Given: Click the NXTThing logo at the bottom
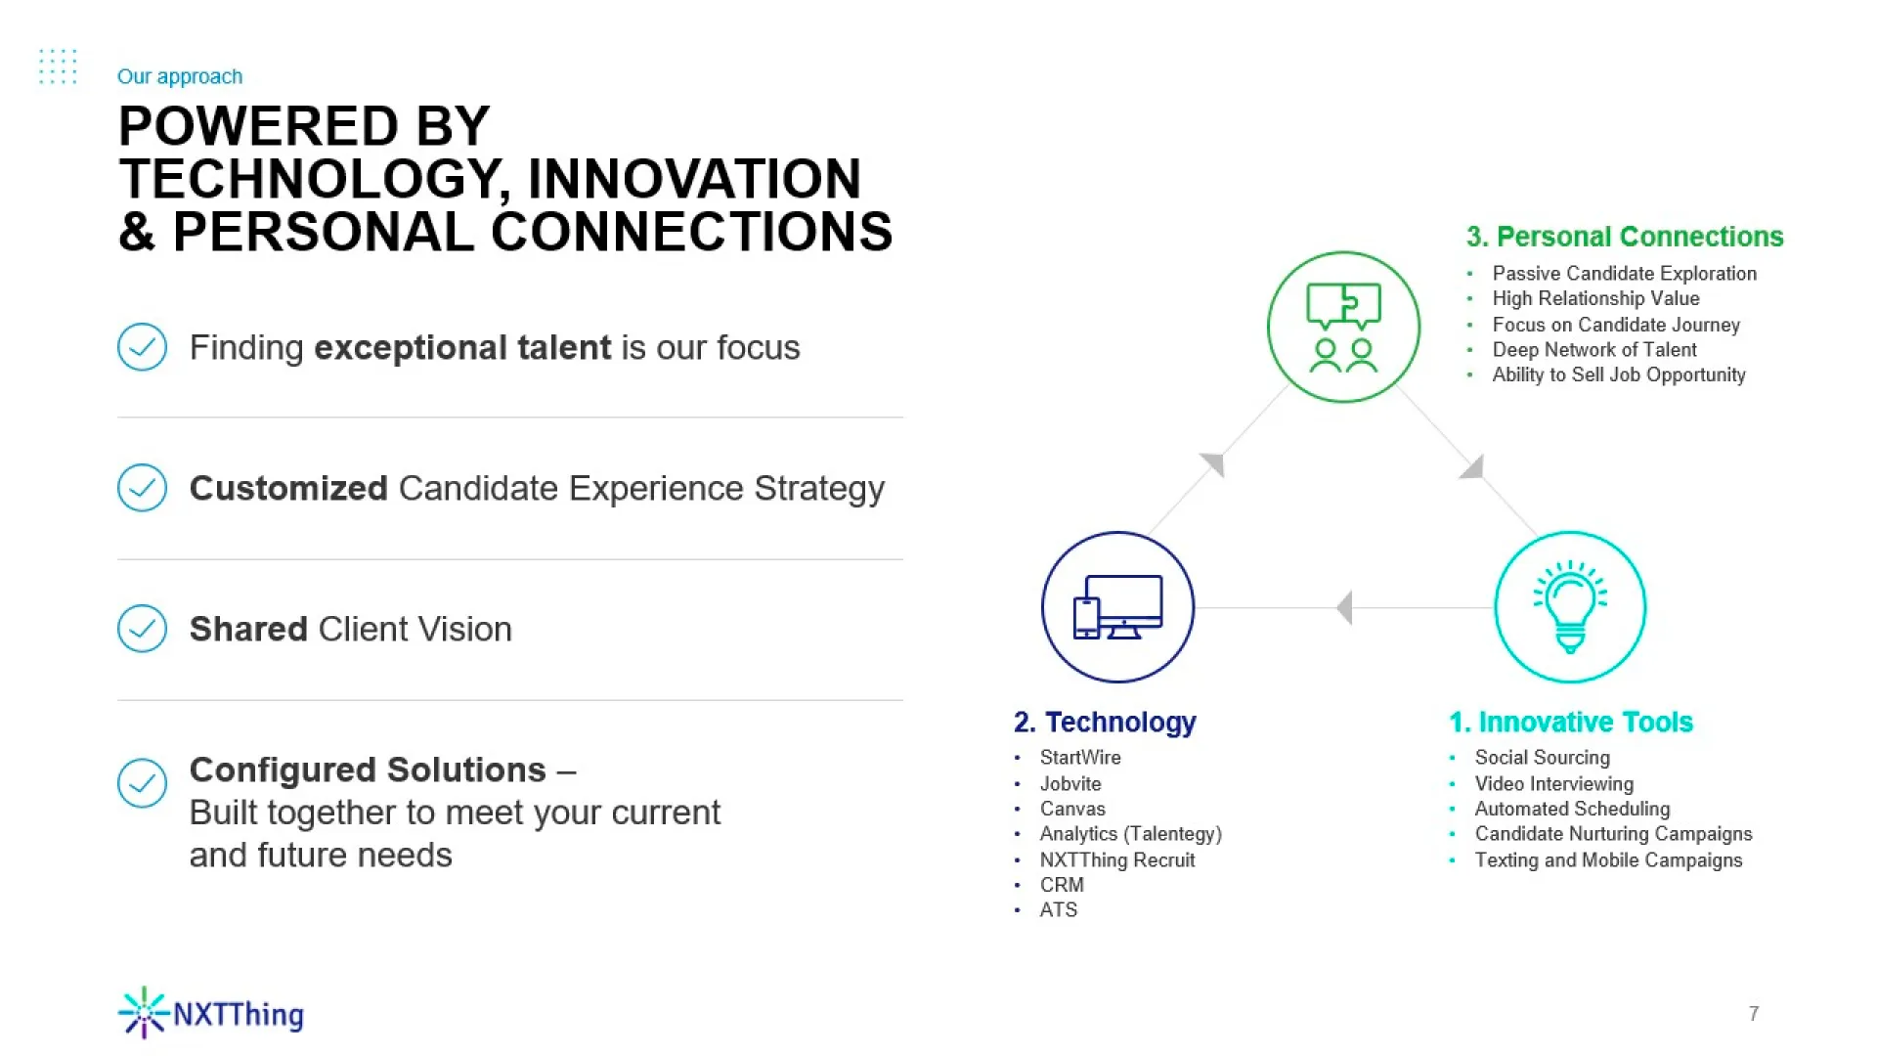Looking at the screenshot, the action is [x=210, y=1013].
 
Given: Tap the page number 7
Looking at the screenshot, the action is [x=1754, y=1014].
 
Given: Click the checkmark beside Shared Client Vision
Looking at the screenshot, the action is [x=142, y=629].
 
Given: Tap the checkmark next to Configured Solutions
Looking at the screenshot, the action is [x=142, y=783].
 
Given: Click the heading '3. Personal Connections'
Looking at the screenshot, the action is [x=1625, y=237].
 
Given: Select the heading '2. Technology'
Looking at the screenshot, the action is [x=1105, y=722].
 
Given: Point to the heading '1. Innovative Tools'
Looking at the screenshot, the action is [x=1571, y=722].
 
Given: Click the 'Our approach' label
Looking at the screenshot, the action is [x=180, y=76].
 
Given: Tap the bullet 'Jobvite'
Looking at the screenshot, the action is [x=1070, y=783].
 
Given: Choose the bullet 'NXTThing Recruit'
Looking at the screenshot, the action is [x=1117, y=859].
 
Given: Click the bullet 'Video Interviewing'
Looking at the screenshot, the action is [x=1554, y=783].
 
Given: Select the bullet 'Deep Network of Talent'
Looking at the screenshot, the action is [x=1594, y=349].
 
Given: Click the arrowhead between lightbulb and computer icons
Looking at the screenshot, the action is [x=1344, y=607].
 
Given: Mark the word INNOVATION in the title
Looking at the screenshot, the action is [x=694, y=179].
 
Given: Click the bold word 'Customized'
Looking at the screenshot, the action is [x=288, y=488].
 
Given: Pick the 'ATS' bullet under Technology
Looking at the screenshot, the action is [x=1059, y=909].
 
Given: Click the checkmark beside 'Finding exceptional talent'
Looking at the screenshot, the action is [x=142, y=347].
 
